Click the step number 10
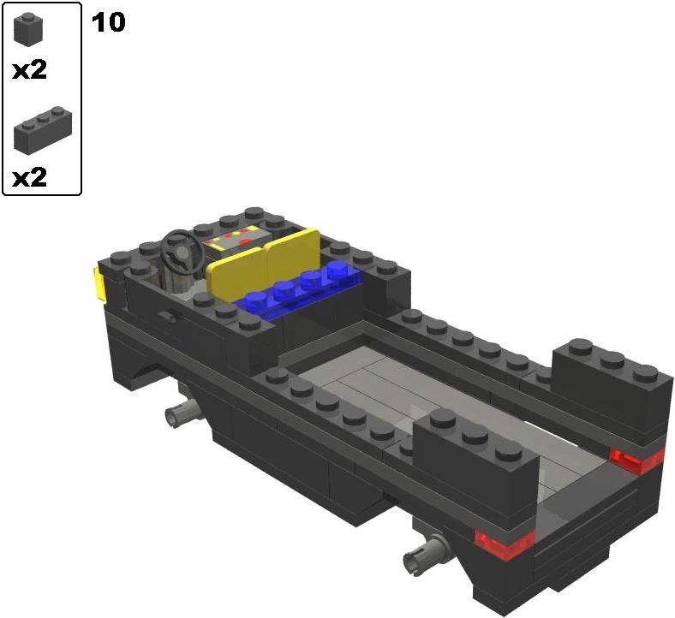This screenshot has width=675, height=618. click(109, 22)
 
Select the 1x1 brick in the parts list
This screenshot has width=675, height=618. click(28, 28)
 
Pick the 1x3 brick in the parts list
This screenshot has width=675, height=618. click(43, 129)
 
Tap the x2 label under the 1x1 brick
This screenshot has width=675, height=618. click(29, 70)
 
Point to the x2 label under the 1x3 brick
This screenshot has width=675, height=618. click(29, 177)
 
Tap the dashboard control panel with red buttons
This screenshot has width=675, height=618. click(236, 240)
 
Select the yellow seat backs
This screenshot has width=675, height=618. click(264, 263)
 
